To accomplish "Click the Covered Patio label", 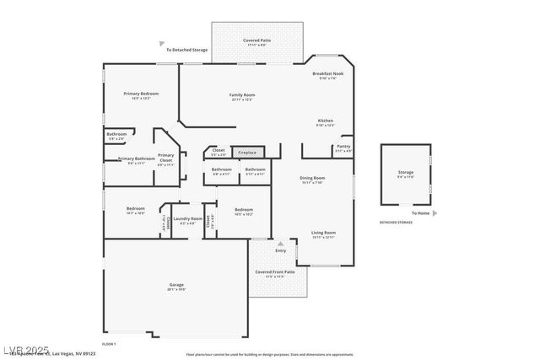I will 257,40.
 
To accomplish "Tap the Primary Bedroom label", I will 141,94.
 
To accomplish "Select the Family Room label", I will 242,95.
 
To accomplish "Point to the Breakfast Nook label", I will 328,74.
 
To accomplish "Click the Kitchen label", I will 325,121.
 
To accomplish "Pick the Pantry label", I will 343,147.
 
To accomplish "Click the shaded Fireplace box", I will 247,153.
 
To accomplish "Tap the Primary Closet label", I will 166,157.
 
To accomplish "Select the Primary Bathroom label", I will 137,159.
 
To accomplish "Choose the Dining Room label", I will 312,178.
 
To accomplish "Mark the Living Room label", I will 323,233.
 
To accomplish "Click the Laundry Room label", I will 187,219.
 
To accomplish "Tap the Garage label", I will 176,285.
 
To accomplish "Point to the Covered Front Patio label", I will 276,272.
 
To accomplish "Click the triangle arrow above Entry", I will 280,244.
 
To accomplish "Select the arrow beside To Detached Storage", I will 161,44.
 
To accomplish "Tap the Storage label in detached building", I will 406,173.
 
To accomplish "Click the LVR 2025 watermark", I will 25,349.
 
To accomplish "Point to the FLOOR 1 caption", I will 109,344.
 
